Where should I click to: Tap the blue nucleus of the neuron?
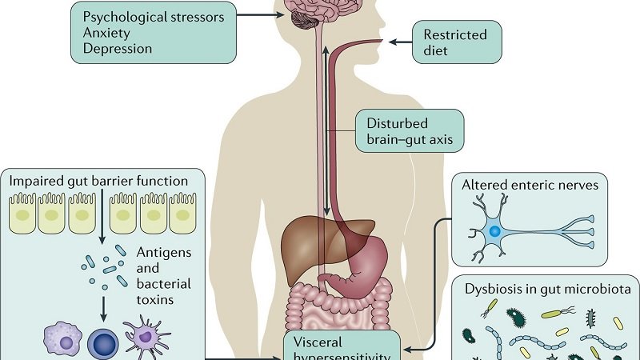point(496,230)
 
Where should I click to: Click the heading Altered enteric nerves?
point(530,186)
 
